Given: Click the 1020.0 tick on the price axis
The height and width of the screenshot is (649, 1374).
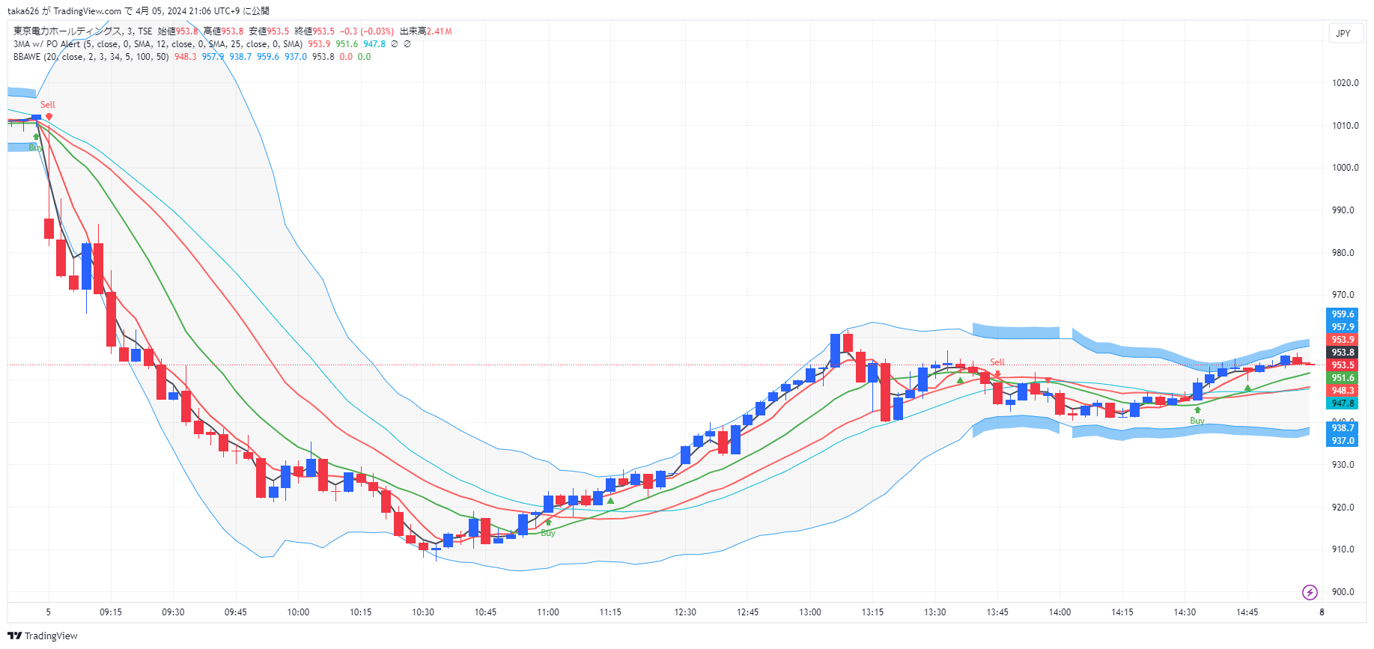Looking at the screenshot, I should [x=1345, y=83].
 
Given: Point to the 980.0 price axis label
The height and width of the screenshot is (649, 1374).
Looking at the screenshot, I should [x=1345, y=253].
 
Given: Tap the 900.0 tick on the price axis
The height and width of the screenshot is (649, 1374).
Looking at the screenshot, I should [x=1345, y=592].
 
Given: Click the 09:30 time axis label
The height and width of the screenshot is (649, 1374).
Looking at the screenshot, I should [x=173, y=612].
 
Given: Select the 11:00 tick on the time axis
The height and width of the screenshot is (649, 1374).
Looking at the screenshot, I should [x=547, y=612].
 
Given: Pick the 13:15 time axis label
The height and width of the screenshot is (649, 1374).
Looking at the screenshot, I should [x=872, y=612].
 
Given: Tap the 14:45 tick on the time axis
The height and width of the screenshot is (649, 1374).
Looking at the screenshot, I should [x=1247, y=612].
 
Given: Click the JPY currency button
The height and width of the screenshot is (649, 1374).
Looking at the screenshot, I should [x=1343, y=34].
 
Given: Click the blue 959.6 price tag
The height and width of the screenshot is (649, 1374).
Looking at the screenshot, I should [x=1343, y=314].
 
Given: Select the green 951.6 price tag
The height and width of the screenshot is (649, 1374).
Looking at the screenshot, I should [x=1343, y=378].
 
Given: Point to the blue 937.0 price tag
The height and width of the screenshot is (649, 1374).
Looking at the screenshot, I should [x=1343, y=441].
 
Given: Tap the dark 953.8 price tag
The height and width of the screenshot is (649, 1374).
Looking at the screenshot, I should [x=1343, y=353].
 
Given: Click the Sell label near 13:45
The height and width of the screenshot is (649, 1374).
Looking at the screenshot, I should [x=997, y=362].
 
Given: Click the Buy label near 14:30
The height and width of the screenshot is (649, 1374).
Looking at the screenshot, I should [x=1197, y=421].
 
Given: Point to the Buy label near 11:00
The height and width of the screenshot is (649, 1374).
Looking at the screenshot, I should [x=548, y=533].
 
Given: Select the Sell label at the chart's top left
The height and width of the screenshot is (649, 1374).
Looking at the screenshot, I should [x=48, y=105].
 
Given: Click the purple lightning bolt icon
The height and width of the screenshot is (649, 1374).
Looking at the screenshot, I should [x=1310, y=593].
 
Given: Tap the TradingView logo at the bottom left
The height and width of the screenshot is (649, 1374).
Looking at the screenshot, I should [x=43, y=636].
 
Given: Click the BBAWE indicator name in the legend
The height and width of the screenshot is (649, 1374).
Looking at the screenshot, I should [x=27, y=57].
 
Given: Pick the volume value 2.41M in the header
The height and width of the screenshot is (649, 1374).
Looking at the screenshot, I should [x=440, y=31].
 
